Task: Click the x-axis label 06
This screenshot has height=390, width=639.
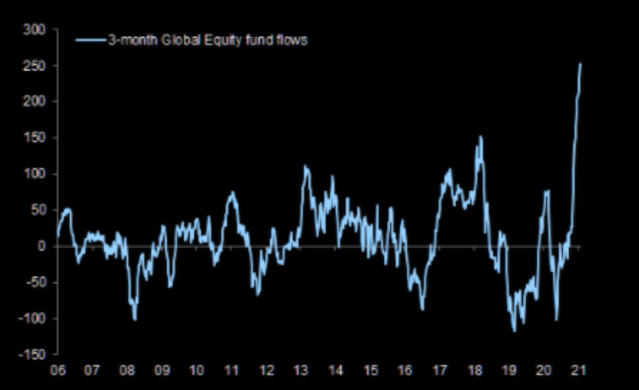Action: (58, 370)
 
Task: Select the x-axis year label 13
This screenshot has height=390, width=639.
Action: (301, 370)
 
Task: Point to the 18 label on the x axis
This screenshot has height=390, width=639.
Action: (474, 370)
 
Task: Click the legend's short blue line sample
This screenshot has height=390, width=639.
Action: (91, 40)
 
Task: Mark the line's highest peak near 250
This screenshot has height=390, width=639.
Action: (580, 64)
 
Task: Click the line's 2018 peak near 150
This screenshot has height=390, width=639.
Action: (480, 137)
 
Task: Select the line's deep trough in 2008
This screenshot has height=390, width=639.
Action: (135, 320)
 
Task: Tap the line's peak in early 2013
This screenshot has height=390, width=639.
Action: (306, 167)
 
